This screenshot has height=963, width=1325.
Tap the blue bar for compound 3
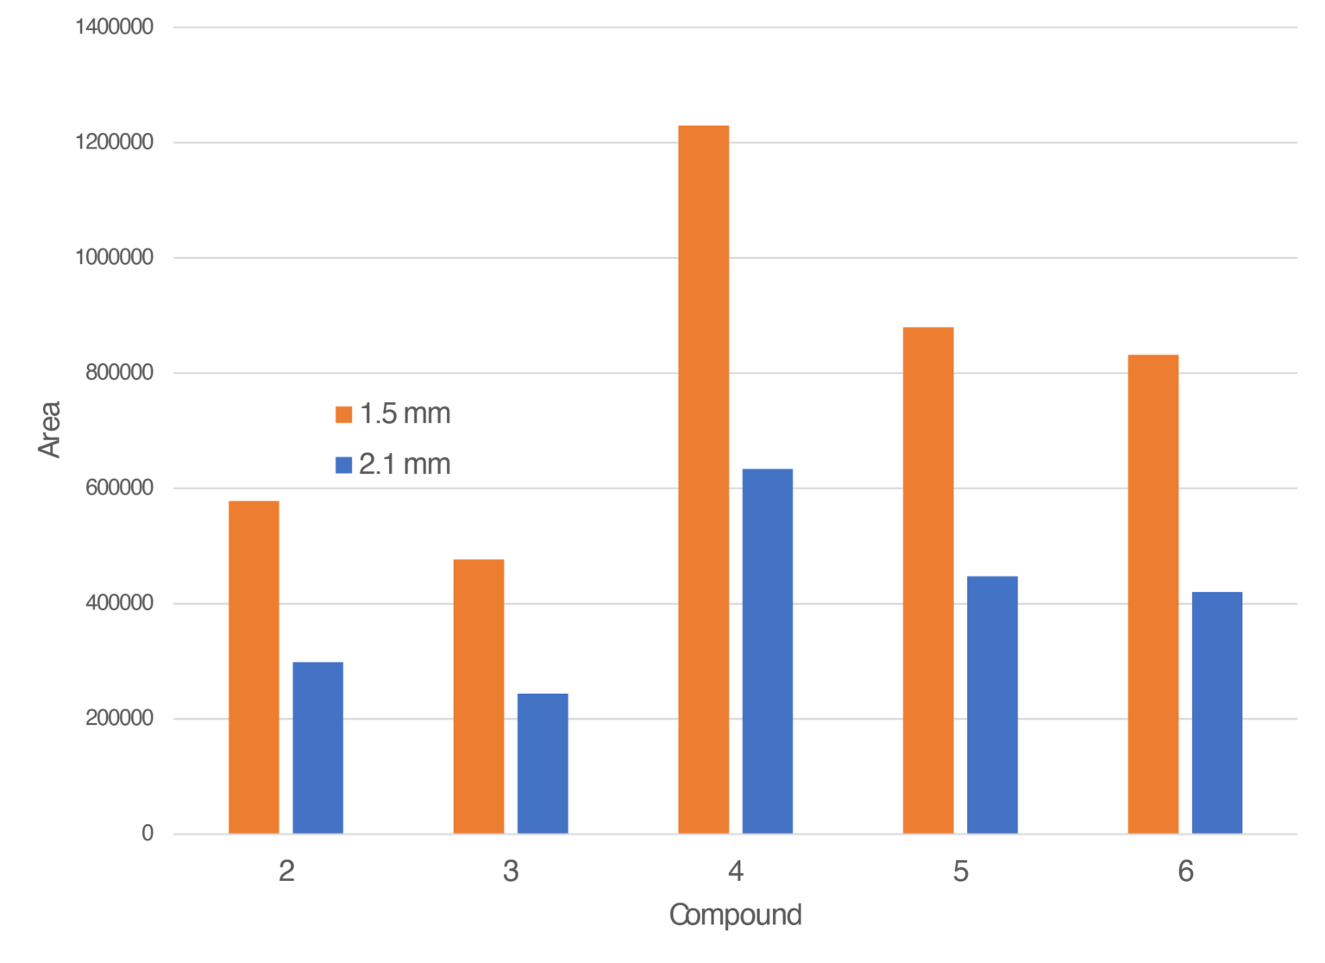[543, 763]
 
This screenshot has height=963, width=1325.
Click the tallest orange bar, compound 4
[703, 479]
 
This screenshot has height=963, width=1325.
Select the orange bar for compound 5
[928, 580]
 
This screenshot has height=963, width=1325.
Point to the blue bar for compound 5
[992, 704]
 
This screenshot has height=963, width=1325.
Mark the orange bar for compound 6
[1153, 594]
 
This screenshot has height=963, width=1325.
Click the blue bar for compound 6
[1217, 712]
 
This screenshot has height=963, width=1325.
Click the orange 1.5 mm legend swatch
[343, 415]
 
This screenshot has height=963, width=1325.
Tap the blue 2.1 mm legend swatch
[343, 466]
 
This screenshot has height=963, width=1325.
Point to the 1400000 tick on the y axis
[115, 28]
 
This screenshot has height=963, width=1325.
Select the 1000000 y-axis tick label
[115, 258]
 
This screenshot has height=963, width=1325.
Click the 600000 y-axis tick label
[119, 488]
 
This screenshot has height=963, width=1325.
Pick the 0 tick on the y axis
[148, 834]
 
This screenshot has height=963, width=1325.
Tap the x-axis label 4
[735, 872]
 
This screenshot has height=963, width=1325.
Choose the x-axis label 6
[1185, 872]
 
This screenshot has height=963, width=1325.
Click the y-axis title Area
[50, 429]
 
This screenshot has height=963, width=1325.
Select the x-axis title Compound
[735, 915]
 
